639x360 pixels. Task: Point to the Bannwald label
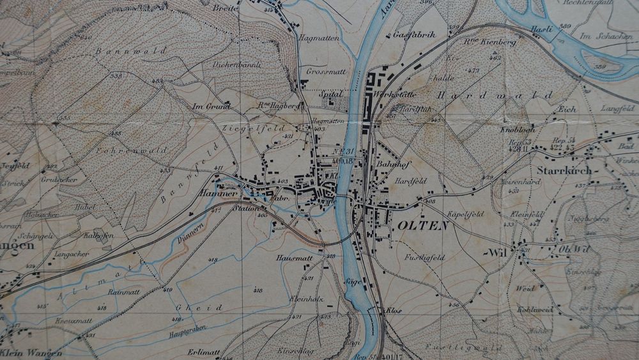tap(130, 50)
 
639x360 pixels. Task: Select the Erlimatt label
tap(203, 352)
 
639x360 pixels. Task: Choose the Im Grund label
tap(211, 106)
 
